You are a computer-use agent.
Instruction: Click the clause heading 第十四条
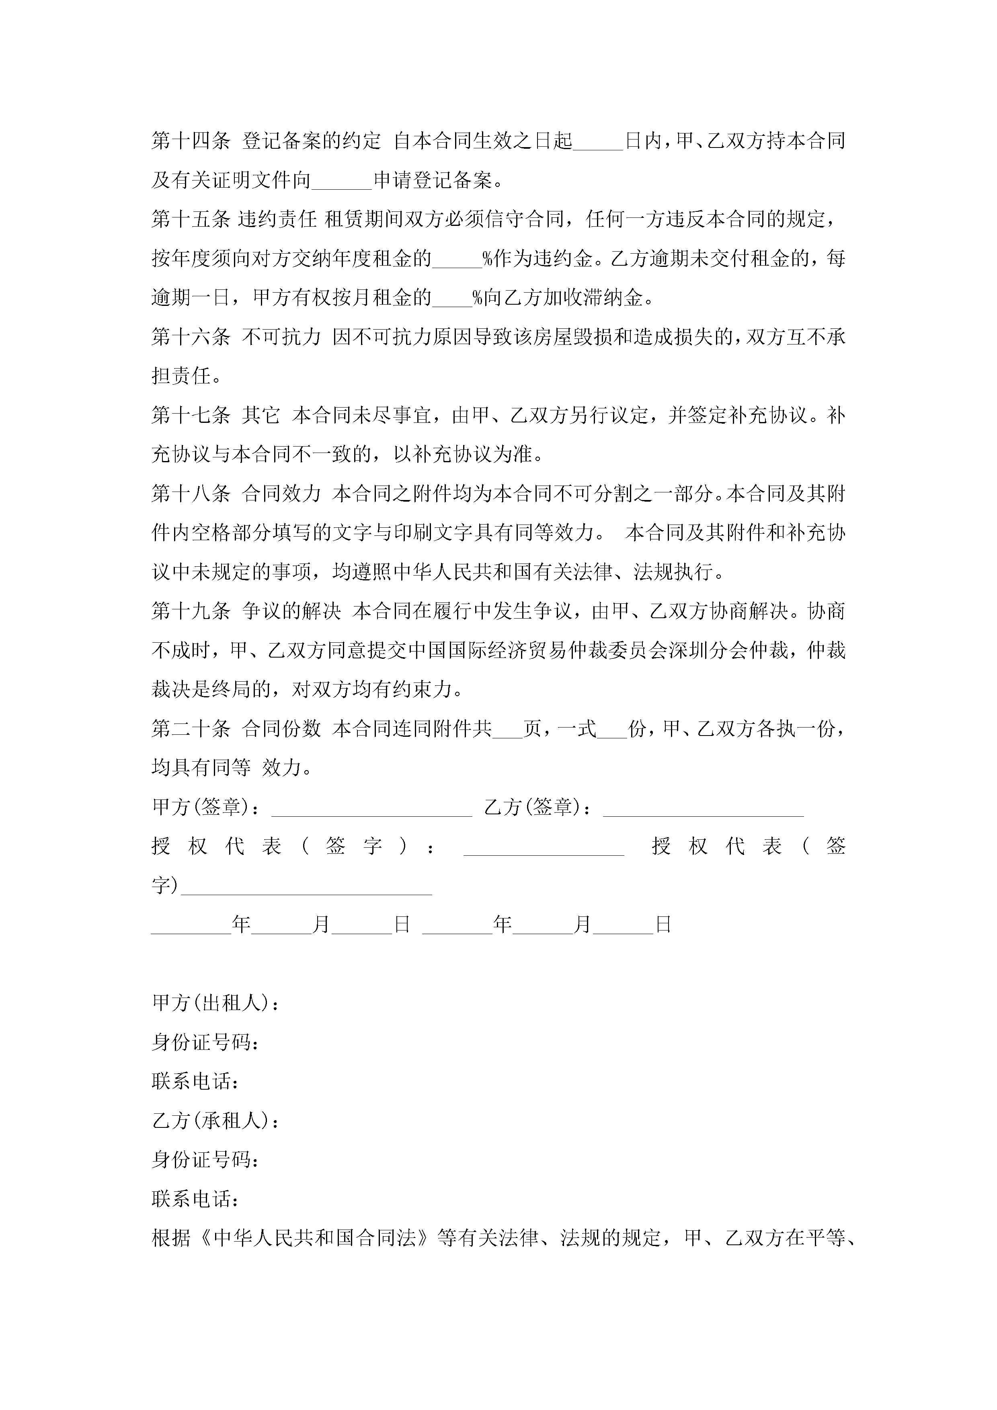click(x=191, y=141)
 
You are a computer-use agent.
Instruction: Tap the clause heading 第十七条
click(x=191, y=415)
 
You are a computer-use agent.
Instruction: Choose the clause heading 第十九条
click(x=191, y=611)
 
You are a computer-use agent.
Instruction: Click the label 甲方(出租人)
click(x=215, y=1004)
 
